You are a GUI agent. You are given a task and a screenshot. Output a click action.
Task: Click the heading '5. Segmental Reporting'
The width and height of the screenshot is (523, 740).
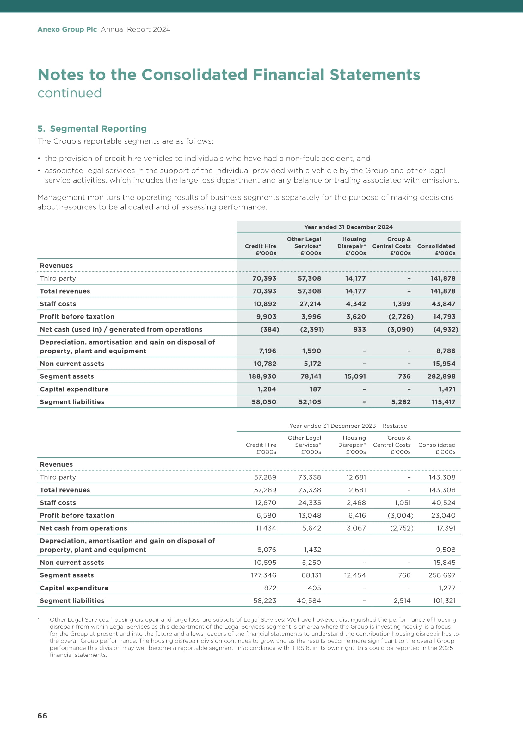pos(92,128)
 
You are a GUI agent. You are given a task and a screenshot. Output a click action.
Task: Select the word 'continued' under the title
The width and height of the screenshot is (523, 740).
pos(70,93)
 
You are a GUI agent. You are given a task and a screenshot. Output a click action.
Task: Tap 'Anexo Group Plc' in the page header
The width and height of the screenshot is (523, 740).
pos(67,29)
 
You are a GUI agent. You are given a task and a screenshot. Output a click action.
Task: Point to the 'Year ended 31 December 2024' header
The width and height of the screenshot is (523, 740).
pos(348,227)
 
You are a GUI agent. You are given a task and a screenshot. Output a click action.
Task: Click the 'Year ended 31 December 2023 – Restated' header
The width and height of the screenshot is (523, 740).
pos(348,426)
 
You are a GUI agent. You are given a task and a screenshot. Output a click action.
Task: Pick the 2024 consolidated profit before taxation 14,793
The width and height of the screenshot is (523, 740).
pos(444,316)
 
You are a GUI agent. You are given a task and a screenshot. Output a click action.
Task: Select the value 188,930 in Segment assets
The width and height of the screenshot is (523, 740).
pos(262,376)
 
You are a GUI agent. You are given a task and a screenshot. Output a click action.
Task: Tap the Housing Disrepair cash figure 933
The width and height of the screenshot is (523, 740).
pos(360,329)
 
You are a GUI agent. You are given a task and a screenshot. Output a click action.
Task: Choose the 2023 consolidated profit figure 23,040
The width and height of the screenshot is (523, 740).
pos(443,515)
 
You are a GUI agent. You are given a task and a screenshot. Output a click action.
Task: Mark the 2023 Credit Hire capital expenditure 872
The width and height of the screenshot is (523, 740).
pos(270,588)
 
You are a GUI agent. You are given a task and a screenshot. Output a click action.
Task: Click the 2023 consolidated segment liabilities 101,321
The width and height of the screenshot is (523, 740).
pos(444,600)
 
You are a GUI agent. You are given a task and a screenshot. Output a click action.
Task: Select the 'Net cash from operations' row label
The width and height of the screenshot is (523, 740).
pos(83,528)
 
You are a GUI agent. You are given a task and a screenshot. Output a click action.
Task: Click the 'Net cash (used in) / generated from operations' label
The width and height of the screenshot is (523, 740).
pos(121,329)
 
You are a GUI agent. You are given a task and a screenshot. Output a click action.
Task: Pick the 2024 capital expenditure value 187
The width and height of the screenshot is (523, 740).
pos(315,389)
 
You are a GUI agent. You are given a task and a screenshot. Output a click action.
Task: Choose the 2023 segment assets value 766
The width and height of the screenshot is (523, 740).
pos(404,575)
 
